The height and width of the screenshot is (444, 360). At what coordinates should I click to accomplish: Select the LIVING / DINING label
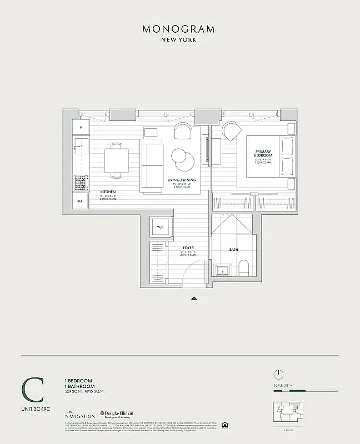pos(179,180)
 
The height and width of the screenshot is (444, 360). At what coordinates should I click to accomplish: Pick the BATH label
pos(233,250)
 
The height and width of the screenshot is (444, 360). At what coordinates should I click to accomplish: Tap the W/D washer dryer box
pos(160,228)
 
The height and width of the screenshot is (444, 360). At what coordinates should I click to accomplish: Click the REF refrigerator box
pos(80,201)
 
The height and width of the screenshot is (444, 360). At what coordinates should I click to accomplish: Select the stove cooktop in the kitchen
pos(81,182)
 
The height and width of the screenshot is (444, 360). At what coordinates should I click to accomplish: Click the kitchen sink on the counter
pos(81,147)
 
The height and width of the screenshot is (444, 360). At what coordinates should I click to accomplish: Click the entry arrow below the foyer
pos(194,298)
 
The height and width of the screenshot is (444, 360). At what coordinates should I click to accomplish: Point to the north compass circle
pos(279,374)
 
